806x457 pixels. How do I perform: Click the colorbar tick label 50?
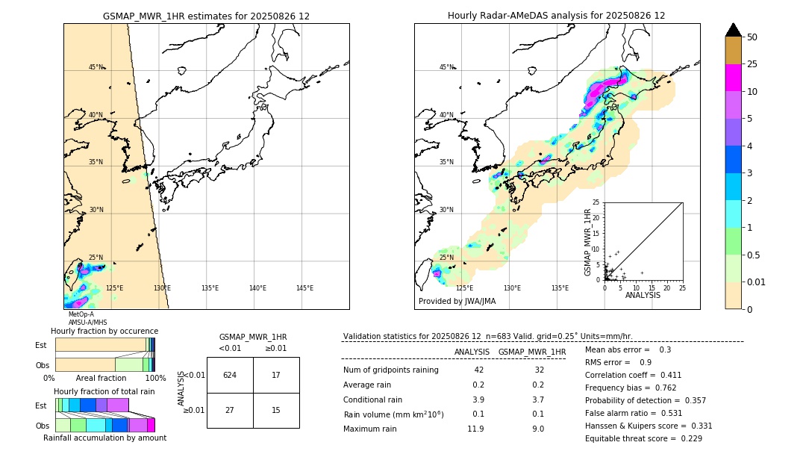[752, 37]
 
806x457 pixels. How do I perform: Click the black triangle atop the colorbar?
[734, 30]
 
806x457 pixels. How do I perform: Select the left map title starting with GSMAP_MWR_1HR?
[206, 16]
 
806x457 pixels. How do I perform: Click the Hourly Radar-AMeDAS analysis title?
[556, 16]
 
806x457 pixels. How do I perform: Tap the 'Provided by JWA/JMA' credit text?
[457, 302]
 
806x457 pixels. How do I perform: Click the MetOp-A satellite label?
[81, 314]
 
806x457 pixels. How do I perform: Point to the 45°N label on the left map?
[96, 67]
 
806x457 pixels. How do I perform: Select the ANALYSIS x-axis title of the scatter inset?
[643, 295]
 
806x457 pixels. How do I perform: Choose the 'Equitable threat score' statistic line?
[643, 438]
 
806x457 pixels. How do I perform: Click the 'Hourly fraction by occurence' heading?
[104, 331]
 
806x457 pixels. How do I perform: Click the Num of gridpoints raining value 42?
[478, 370]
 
